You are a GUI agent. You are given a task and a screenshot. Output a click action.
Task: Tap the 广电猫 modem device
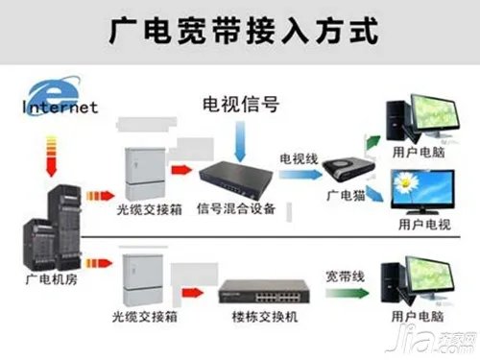coord(343,170)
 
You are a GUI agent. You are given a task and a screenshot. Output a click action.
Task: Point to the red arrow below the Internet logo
coord(39,150)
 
